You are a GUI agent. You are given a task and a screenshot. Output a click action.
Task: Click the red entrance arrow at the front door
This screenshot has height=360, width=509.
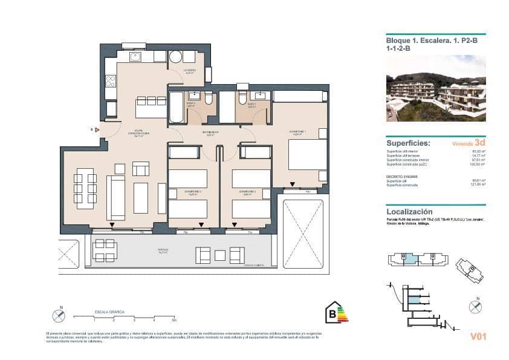[97, 129]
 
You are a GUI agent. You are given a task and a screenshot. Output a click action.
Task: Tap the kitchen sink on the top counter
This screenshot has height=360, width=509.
[135, 57]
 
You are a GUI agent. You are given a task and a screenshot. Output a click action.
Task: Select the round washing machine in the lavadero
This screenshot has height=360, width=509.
[175, 57]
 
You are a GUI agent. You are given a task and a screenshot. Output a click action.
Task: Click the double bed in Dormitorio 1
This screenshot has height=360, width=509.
[308, 155]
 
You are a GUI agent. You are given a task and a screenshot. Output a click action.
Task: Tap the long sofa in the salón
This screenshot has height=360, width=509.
[115, 198]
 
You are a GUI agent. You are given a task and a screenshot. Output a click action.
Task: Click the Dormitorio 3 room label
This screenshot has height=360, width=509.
[193, 193]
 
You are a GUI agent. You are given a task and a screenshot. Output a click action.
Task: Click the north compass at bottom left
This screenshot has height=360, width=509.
[59, 315]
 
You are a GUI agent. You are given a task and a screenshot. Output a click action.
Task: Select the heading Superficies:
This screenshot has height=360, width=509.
[408, 144]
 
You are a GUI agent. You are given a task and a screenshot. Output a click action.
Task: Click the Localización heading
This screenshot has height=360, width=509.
[409, 212]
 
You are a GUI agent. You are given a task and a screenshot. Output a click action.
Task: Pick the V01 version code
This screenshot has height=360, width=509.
[478, 336]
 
